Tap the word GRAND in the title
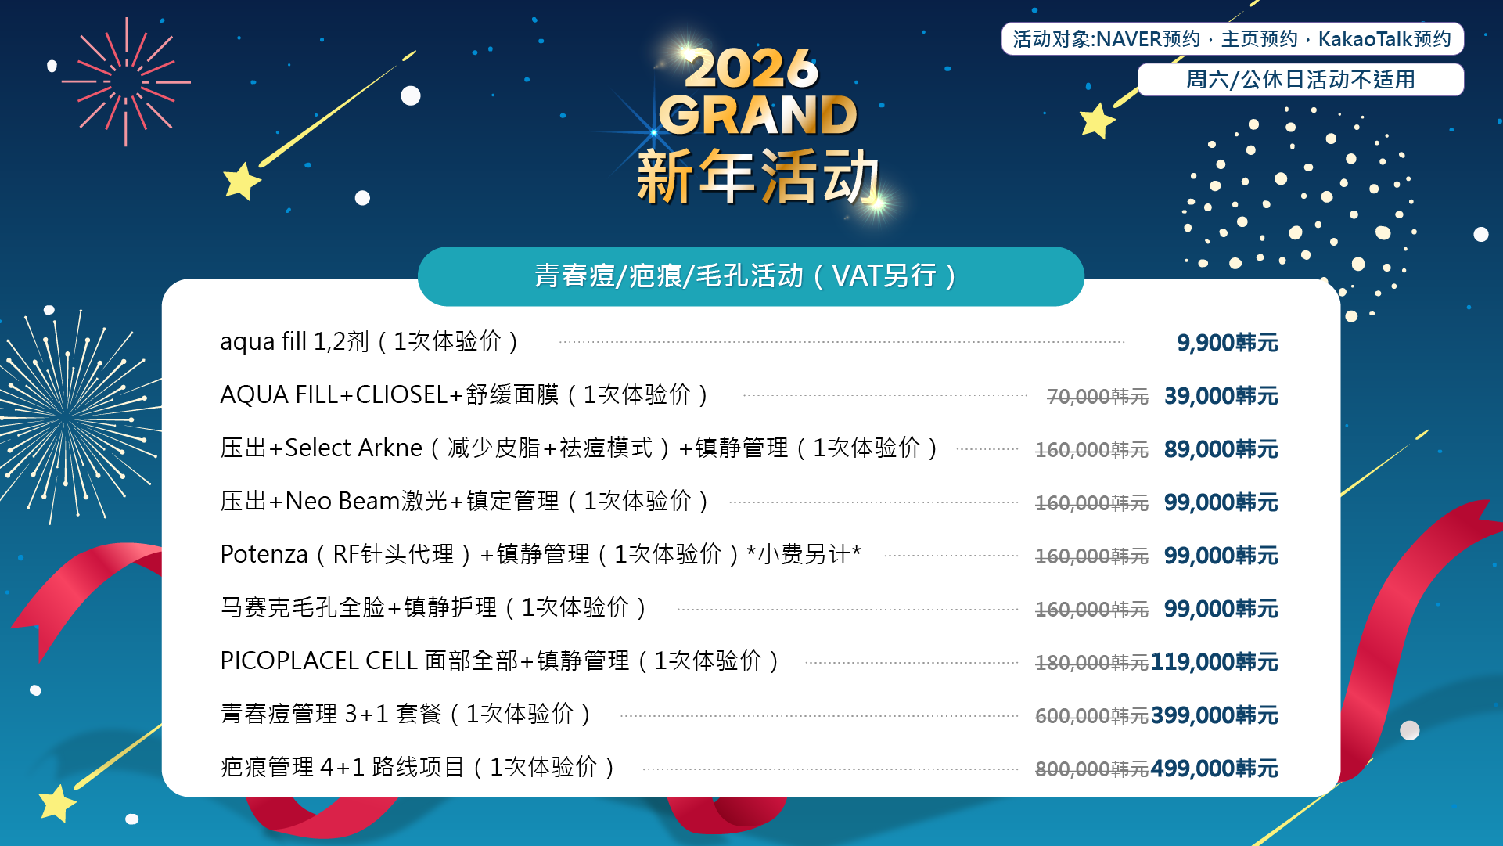coord(758,115)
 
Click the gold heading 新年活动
coord(758,177)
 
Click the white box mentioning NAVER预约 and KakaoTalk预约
coord(1232,39)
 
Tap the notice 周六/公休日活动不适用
coord(1300,80)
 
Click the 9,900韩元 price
coord(1227,343)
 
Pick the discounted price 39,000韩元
coord(1221,396)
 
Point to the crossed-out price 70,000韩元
coord(1098,397)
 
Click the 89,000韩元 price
coord(1221,449)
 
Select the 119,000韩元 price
coord(1214,662)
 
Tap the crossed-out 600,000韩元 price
coord(1091,716)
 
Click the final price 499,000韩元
coord(1214,769)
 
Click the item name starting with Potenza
coord(541,555)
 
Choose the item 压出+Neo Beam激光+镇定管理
coord(465,501)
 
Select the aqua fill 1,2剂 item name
coord(369,342)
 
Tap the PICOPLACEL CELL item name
coord(500,661)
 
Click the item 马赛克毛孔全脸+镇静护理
coord(433,608)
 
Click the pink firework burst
coord(126,81)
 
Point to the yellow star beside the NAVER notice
coord(1097,121)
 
